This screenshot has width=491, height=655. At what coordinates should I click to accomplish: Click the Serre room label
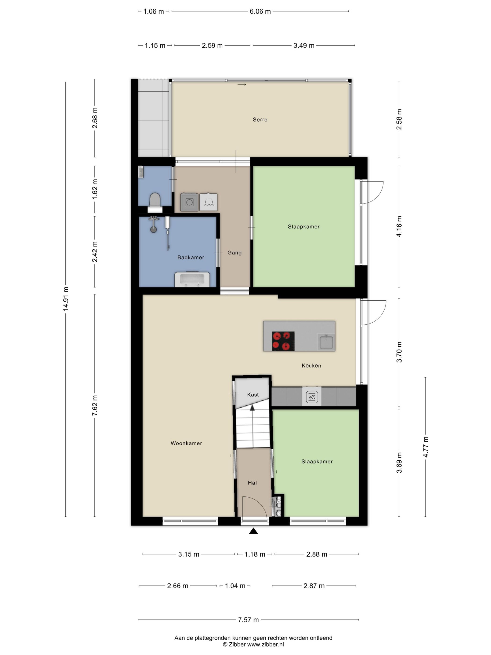point(260,120)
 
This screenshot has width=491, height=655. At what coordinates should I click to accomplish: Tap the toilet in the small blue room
point(155,203)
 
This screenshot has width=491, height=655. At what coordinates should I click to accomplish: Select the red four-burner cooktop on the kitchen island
point(283,341)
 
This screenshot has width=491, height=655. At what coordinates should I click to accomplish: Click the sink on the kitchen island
point(326,342)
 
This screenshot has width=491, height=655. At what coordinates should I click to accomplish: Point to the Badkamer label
point(191,257)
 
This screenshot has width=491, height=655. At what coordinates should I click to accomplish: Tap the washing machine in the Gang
point(189,202)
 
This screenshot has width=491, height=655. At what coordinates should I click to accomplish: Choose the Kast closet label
point(253,395)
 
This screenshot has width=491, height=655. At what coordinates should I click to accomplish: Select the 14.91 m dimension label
point(66,299)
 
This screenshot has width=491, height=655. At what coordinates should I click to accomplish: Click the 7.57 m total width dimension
point(248,620)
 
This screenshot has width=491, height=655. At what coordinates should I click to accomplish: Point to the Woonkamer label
point(186,443)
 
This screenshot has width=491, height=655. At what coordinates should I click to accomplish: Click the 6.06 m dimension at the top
point(260,11)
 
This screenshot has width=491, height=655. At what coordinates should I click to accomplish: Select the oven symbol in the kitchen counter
point(312,397)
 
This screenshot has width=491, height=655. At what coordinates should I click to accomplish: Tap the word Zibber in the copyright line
point(237,644)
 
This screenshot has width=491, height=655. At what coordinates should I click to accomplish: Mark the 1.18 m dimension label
point(255,554)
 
